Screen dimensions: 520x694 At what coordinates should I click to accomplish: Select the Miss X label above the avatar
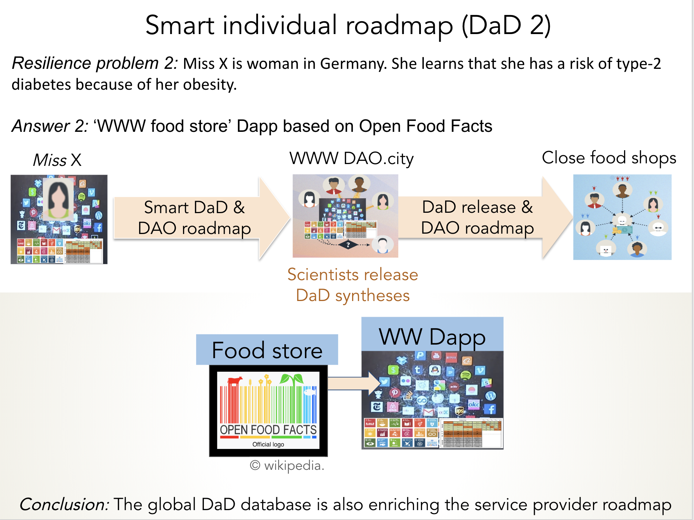[x=57, y=160]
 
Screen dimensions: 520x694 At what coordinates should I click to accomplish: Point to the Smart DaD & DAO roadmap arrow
[x=198, y=218]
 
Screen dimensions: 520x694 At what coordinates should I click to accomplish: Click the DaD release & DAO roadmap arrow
[x=480, y=218]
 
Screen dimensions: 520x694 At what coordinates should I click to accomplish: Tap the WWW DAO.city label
[x=351, y=159]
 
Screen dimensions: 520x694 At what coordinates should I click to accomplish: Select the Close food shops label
[x=609, y=158]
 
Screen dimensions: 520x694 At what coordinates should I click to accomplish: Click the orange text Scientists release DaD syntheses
[x=352, y=285]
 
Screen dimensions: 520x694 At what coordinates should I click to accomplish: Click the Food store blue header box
[x=267, y=350]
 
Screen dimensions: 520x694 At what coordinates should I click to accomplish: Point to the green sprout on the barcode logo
[x=292, y=379]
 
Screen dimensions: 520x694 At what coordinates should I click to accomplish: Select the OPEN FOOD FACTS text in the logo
[x=268, y=430]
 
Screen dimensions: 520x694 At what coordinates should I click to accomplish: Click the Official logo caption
[x=268, y=444]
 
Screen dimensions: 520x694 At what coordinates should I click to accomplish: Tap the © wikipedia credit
[x=287, y=465]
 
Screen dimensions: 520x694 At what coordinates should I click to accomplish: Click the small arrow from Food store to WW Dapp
[x=354, y=383]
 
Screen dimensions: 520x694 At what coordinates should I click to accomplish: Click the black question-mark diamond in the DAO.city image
[x=348, y=245]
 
